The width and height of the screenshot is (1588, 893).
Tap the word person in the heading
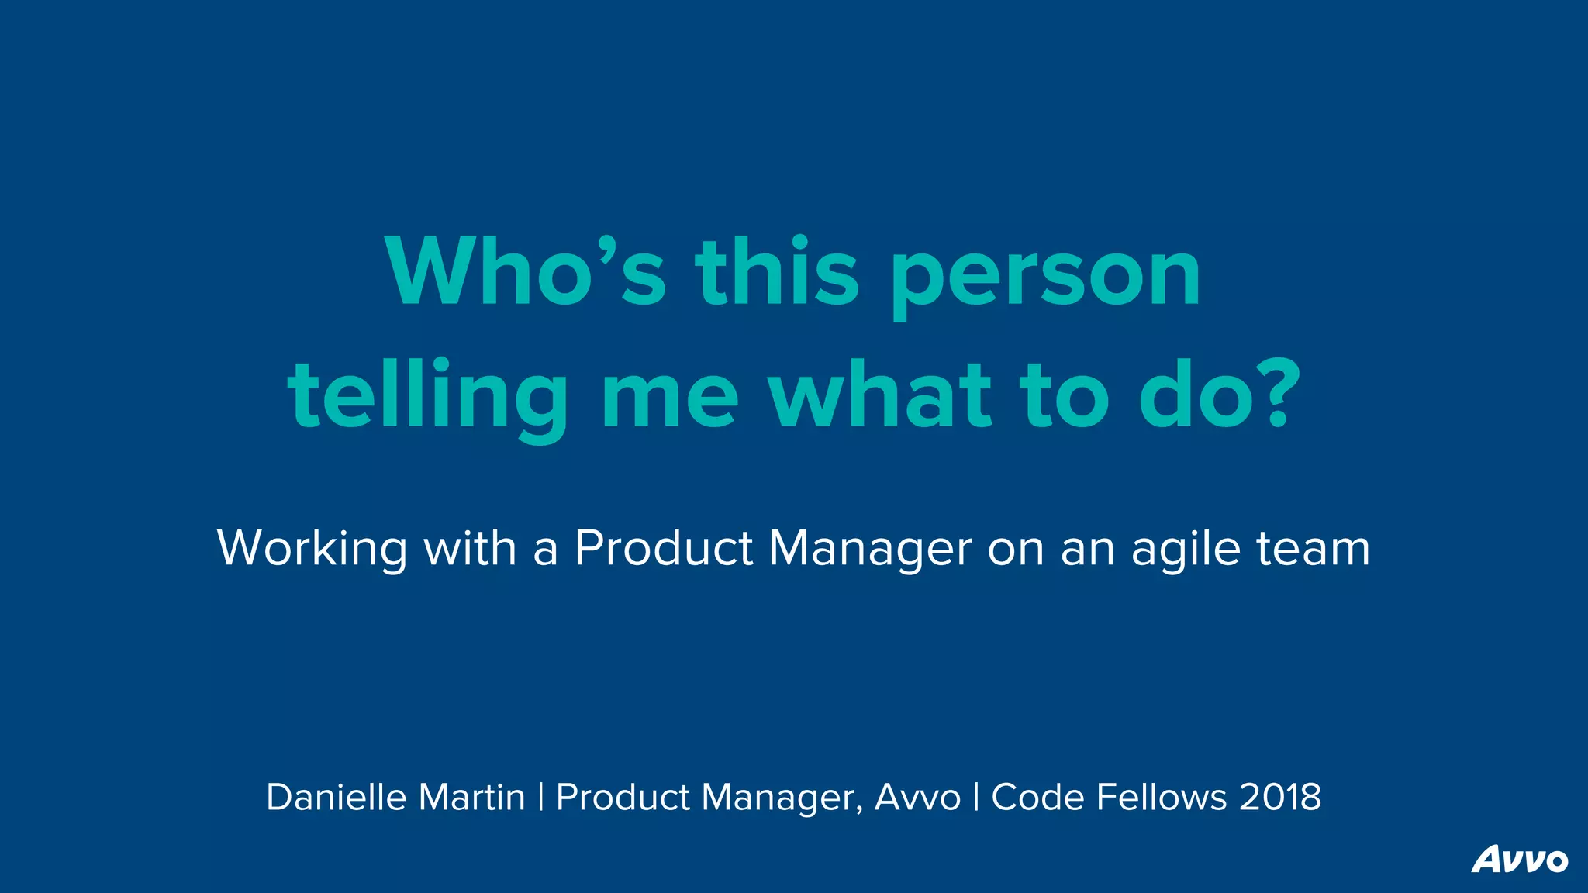coord(1046,276)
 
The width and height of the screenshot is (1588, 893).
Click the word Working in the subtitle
coord(312,549)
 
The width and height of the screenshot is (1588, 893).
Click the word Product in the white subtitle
coord(664,549)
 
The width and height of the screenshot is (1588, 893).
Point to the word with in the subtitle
coord(470,549)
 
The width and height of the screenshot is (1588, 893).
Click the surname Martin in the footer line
coord(471,797)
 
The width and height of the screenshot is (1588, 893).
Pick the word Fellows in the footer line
coord(1162,797)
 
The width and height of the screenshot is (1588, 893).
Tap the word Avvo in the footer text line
coord(917,797)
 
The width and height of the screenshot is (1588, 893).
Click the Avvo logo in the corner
coord(1519,859)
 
